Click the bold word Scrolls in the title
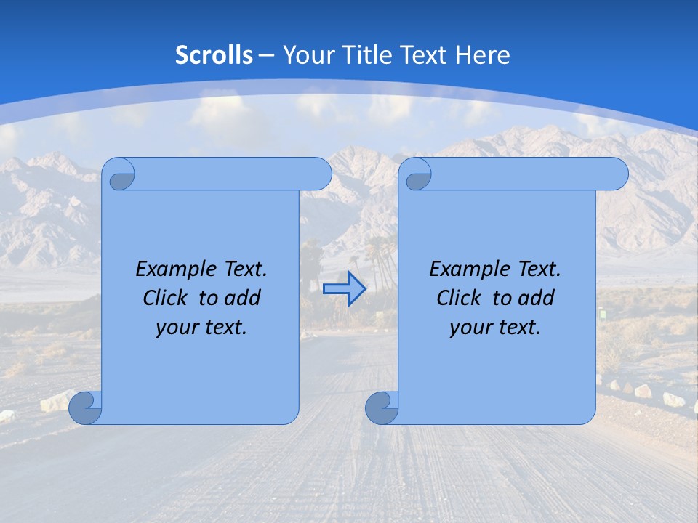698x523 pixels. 214,55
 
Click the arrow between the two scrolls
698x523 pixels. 344,289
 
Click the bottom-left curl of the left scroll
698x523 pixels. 85,408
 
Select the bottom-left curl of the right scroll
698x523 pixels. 382,408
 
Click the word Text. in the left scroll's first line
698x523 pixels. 243,269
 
